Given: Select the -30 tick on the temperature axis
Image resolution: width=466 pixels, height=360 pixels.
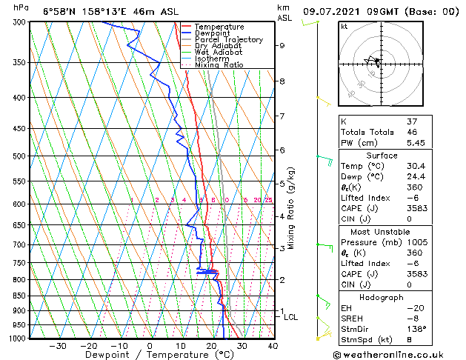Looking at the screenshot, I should coord(57,346).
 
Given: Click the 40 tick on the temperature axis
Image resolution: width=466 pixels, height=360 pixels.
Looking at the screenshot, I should coord(273,346).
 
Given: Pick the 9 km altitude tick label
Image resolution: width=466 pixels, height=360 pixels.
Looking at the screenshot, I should coord(282,45).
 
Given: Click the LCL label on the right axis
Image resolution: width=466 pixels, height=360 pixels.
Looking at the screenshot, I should coord(291,317).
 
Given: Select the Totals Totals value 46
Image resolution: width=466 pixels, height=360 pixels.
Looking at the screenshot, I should coord(410,131).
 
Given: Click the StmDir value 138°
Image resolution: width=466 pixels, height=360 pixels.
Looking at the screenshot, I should coord(416,329).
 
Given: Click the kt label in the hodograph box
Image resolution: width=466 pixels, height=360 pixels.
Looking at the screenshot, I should coord(344,27).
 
